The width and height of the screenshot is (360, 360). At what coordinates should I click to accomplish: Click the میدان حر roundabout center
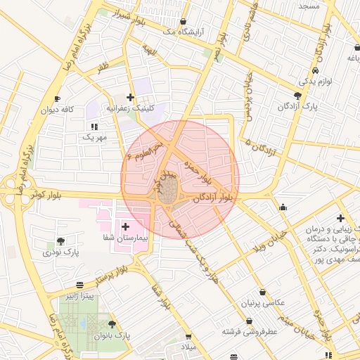(167, 191)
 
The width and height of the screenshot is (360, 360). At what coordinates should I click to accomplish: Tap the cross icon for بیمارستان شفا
(126, 226)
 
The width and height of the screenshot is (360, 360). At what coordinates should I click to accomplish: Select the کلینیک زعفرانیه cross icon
(129, 97)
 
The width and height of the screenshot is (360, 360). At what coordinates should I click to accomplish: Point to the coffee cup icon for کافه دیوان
(58, 98)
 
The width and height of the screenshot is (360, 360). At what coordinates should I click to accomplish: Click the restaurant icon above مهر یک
(94, 127)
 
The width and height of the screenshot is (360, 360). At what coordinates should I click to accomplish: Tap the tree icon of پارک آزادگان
(298, 96)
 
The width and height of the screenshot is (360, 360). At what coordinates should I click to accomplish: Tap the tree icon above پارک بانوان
(112, 323)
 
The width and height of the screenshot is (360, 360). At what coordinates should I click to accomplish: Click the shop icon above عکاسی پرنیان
(262, 292)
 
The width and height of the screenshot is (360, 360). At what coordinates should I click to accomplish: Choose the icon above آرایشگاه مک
(184, 22)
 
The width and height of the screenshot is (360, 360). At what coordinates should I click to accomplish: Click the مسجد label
(309, 6)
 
